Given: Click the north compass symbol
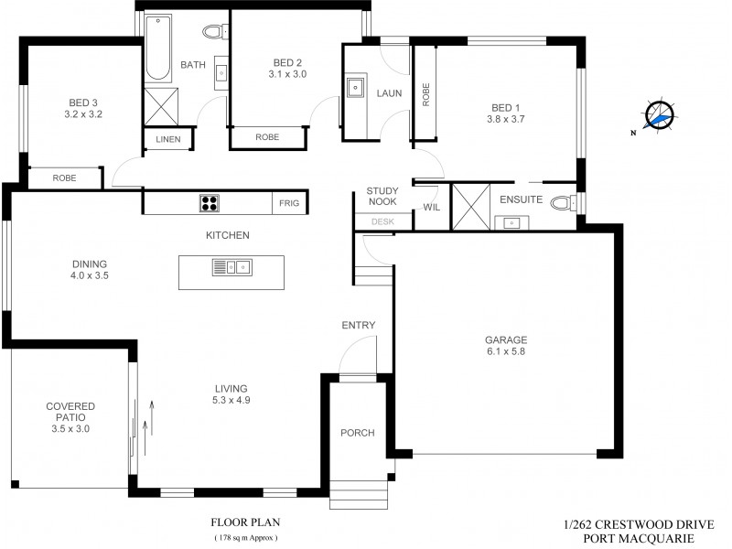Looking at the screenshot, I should click(x=659, y=116).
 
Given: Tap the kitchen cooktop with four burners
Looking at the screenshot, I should click(x=209, y=203).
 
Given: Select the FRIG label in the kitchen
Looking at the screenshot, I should click(x=289, y=204).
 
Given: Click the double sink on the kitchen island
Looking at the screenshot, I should click(x=231, y=266).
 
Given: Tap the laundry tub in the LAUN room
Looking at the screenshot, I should click(x=355, y=89).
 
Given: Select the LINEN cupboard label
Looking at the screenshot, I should click(x=168, y=140).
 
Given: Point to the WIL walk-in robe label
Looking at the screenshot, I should click(x=431, y=209).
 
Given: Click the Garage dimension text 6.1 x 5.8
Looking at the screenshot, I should click(x=506, y=351).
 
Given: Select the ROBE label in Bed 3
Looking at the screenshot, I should click(x=64, y=178).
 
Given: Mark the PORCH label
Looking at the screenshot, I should click(x=358, y=433).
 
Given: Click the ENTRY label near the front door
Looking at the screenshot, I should click(x=359, y=325).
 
